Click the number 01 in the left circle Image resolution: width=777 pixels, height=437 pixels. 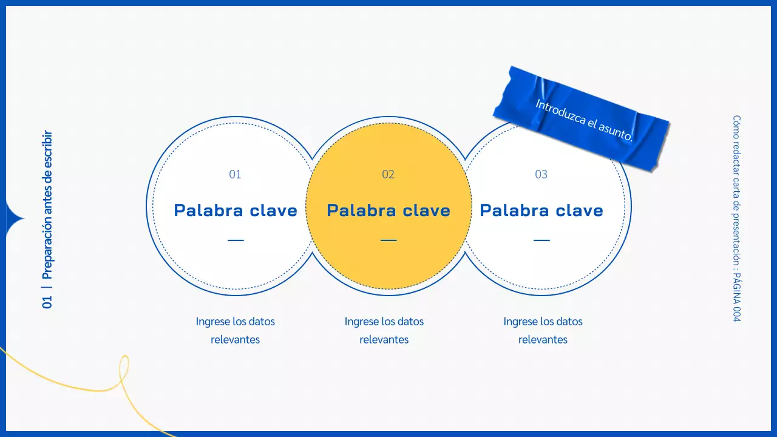click(x=235, y=175)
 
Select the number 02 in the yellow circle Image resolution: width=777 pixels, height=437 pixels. click(x=388, y=175)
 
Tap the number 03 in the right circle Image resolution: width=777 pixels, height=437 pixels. click(x=541, y=175)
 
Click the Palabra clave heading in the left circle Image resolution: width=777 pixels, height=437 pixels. click(x=236, y=211)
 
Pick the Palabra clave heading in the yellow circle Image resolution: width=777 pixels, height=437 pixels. click(x=388, y=211)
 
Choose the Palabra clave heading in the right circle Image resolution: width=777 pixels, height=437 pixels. click(x=541, y=211)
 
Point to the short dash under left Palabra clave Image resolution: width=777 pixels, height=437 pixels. click(x=236, y=240)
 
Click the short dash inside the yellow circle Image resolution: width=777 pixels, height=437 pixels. click(x=388, y=240)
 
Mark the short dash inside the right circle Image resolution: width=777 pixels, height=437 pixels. click(x=541, y=240)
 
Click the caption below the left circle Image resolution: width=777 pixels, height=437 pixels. click(x=236, y=330)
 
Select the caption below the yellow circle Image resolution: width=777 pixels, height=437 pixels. click(x=384, y=330)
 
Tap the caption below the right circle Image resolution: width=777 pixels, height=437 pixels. click(x=543, y=330)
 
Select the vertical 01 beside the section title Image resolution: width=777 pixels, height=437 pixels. click(x=47, y=302)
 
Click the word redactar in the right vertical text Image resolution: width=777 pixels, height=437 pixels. click(x=736, y=159)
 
